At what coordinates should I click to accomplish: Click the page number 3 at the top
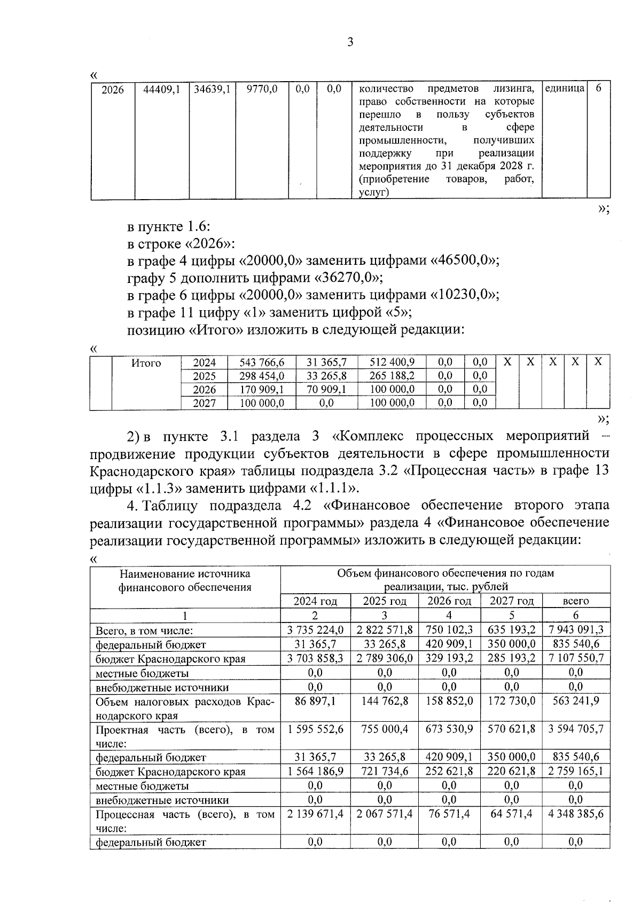point(350,43)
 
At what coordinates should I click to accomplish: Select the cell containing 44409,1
point(161,90)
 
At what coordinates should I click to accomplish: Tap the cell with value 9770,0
point(262,90)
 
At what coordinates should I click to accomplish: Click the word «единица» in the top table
point(565,88)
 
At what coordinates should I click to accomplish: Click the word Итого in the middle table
point(146,363)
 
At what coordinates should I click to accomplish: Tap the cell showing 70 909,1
point(326,389)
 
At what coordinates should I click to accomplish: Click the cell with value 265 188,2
point(392,376)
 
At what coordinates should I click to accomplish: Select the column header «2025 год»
point(385,601)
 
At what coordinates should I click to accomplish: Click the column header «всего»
point(576,601)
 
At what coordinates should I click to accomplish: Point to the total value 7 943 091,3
point(576,630)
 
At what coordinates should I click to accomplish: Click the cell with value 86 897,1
point(315,701)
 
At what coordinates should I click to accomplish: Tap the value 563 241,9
point(576,701)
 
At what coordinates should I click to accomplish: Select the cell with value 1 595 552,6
point(315,729)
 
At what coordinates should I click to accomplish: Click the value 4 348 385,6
point(576,815)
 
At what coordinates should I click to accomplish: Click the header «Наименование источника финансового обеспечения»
point(185,580)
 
